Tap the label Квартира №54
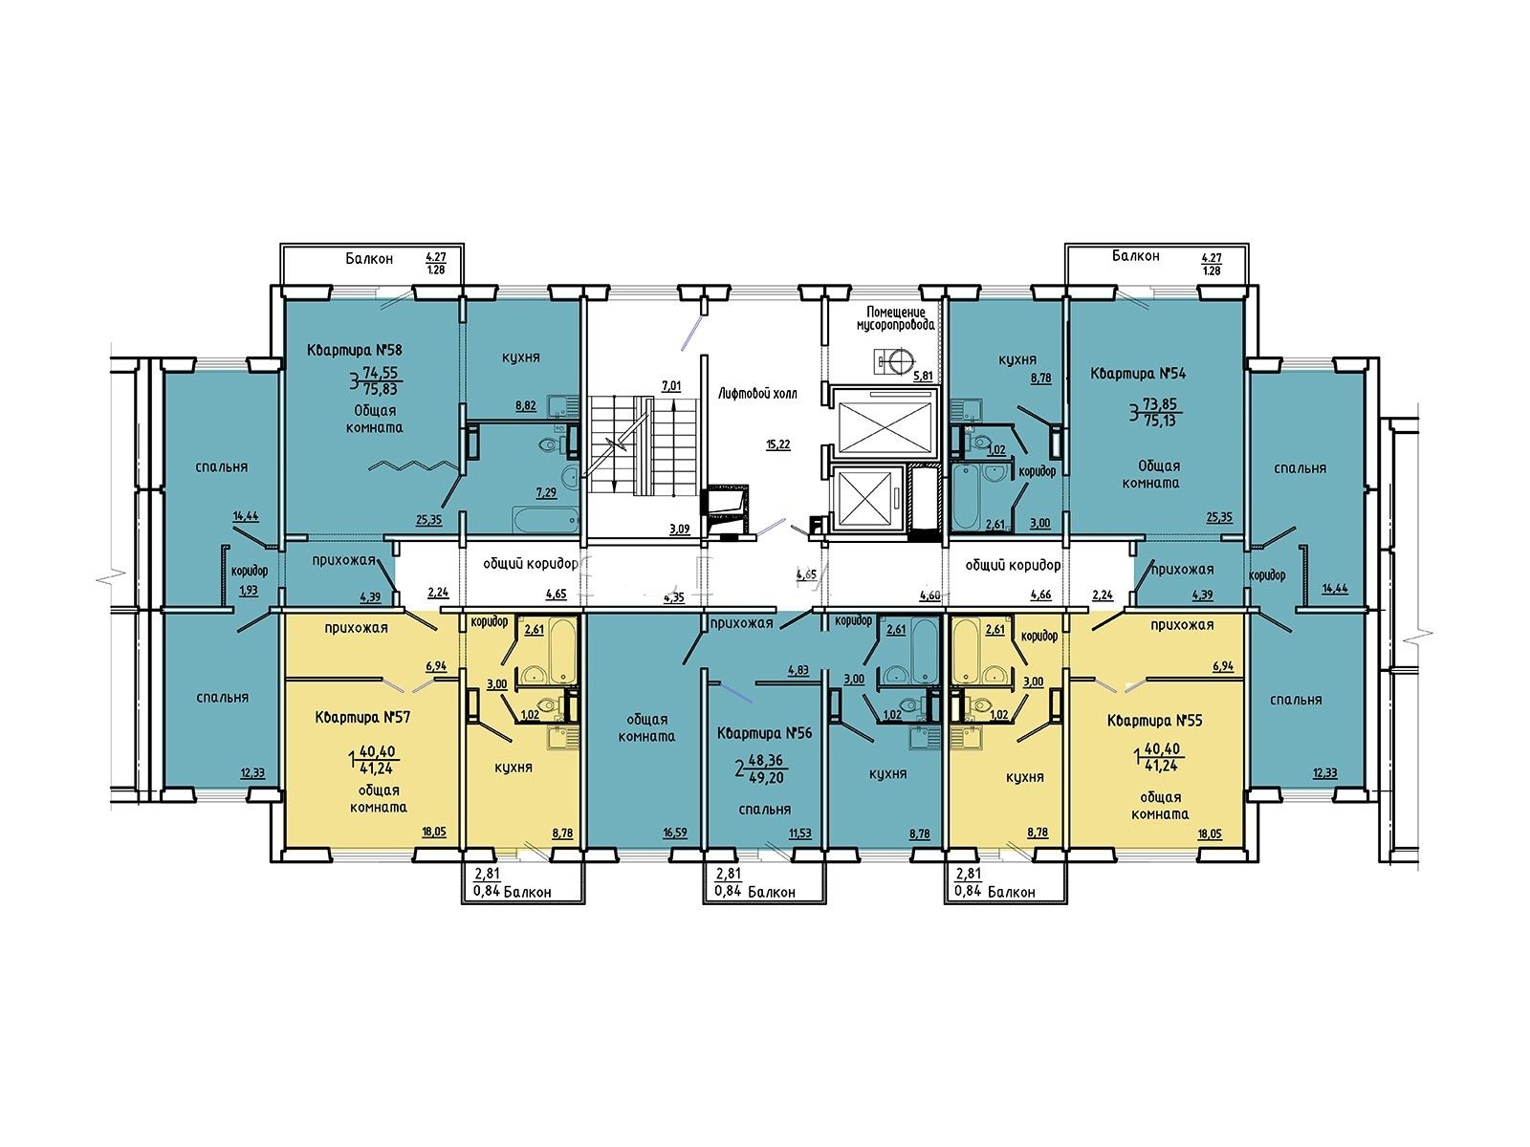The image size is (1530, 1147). [x=1138, y=374]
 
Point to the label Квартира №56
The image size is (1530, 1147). [x=765, y=733]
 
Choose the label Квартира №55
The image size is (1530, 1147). [x=1154, y=722]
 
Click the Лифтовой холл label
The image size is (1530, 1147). [x=757, y=394]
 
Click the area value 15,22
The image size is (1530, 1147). [x=777, y=444]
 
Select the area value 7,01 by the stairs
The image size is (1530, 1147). [x=671, y=385]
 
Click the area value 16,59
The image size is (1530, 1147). [x=675, y=833]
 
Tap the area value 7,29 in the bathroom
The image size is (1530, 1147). [x=546, y=492]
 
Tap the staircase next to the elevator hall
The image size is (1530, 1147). [x=644, y=445]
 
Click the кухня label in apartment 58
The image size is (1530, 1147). [x=521, y=357]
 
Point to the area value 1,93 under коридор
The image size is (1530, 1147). [x=248, y=591]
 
